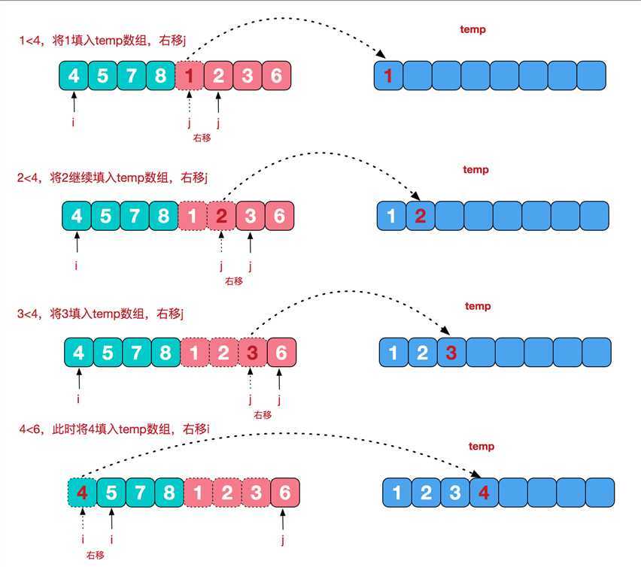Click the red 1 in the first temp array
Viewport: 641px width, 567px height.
pyautogui.click(x=388, y=75)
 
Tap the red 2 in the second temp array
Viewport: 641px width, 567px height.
pyautogui.click(x=421, y=217)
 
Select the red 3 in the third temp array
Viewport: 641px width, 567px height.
pyautogui.click(x=451, y=352)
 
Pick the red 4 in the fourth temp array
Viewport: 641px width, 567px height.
pyautogui.click(x=483, y=493)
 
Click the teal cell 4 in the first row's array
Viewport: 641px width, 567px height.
pyautogui.click(x=73, y=75)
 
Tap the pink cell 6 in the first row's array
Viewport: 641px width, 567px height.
pyautogui.click(x=276, y=75)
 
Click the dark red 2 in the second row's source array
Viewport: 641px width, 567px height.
pyautogui.click(x=221, y=216)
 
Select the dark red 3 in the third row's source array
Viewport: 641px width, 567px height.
pyautogui.click(x=252, y=352)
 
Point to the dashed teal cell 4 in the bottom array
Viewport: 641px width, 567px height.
pyautogui.click(x=82, y=493)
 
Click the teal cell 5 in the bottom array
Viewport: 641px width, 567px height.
pyautogui.click(x=111, y=493)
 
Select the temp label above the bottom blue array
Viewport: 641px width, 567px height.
pyautogui.click(x=482, y=447)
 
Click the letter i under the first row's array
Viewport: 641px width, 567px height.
pyautogui.click(x=73, y=121)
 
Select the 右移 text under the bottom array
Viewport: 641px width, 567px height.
pyautogui.click(x=95, y=554)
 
